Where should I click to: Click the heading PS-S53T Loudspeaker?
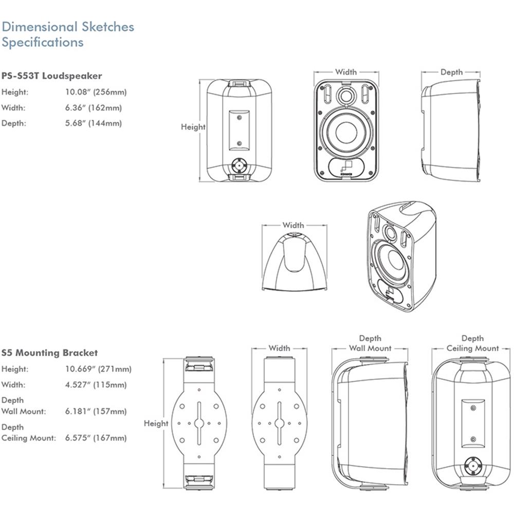coord(52,76)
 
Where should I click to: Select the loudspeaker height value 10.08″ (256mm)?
coord(96,92)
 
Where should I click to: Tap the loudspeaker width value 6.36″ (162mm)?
coord(94,107)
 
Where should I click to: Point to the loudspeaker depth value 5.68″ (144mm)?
coord(94,123)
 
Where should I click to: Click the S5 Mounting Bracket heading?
coord(49,353)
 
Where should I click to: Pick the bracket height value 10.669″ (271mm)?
coord(98,369)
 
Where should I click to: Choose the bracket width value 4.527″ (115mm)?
coord(96,385)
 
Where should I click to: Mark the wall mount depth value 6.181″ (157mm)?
coord(96,411)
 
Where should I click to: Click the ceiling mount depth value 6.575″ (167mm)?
coord(96,438)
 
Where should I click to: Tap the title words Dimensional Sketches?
coord(68,27)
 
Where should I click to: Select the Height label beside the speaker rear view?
coord(193,127)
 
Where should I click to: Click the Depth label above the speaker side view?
coord(451,72)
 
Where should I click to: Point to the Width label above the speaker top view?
coord(293,225)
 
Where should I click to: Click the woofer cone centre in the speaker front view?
coord(346,133)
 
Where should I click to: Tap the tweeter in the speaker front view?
coord(346,96)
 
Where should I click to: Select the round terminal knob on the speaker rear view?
coord(239,166)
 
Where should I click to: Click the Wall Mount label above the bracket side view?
coord(370,348)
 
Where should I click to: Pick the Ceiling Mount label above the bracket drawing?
coord(472,348)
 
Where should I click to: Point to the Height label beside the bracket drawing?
coord(156,424)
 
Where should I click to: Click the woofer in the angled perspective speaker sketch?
coord(392,263)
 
